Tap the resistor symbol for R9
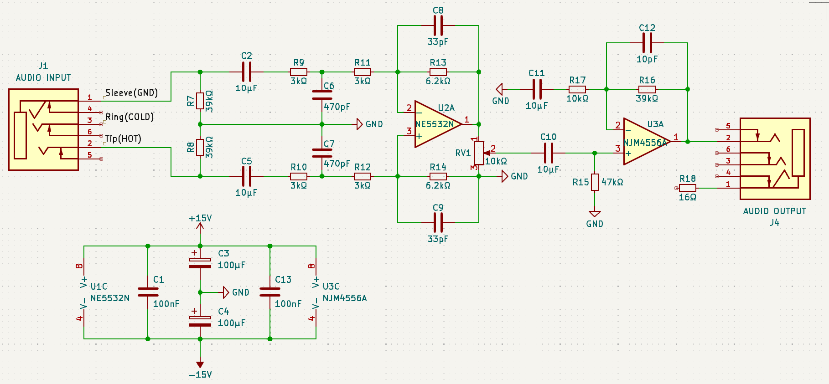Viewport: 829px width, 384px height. [x=299, y=72]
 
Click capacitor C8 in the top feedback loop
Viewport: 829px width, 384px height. [x=438, y=26]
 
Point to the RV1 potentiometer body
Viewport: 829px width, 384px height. [x=479, y=153]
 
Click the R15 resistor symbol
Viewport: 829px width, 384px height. [x=595, y=182]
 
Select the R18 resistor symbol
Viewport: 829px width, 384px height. [x=688, y=188]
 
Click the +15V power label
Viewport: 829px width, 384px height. [x=200, y=218]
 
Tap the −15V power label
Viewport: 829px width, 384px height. [x=200, y=374]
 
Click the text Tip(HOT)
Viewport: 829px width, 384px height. [x=123, y=138]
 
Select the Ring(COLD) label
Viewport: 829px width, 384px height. [x=130, y=117]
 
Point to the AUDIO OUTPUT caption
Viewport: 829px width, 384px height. [x=775, y=211]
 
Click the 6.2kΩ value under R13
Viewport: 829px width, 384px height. [x=438, y=81]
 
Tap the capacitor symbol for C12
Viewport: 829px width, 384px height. [x=647, y=43]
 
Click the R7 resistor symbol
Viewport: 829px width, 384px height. [x=200, y=101]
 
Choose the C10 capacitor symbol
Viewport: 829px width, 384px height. [x=549, y=153]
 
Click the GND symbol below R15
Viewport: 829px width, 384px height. [x=595, y=213]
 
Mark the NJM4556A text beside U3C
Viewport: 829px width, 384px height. [x=345, y=298]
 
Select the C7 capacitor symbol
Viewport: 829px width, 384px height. [x=322, y=153]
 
